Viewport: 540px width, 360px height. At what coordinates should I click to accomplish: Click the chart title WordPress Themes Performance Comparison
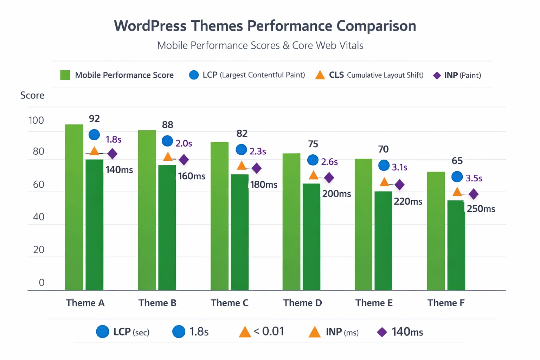265,26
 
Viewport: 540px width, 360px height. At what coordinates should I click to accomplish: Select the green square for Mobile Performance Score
65,75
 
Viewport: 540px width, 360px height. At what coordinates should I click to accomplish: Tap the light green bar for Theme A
74,207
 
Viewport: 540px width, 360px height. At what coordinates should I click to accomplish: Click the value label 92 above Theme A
94,119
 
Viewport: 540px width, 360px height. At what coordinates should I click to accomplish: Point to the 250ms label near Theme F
481,209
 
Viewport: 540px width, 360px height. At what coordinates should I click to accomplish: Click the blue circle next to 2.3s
241,150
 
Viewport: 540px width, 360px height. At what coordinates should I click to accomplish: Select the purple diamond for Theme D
329,178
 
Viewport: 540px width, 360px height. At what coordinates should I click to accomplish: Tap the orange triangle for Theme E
385,182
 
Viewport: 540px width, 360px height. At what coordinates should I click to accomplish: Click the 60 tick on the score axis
39,185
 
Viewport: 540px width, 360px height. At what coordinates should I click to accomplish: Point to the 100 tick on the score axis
36,121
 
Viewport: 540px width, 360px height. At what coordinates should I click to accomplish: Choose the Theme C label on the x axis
230,303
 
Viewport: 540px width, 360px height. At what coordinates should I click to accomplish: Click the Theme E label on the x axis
374,303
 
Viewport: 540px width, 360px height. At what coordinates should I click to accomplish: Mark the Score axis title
32,96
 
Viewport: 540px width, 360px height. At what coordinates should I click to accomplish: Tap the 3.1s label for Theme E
400,167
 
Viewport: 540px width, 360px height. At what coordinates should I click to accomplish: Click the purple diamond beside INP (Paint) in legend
437,76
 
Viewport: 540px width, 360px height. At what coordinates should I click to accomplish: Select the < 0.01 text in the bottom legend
269,332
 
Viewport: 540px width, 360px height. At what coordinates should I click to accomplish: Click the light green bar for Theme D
291,221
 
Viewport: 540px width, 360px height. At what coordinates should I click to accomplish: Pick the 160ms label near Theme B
192,176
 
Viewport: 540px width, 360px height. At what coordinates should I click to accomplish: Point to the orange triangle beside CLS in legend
320,75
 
